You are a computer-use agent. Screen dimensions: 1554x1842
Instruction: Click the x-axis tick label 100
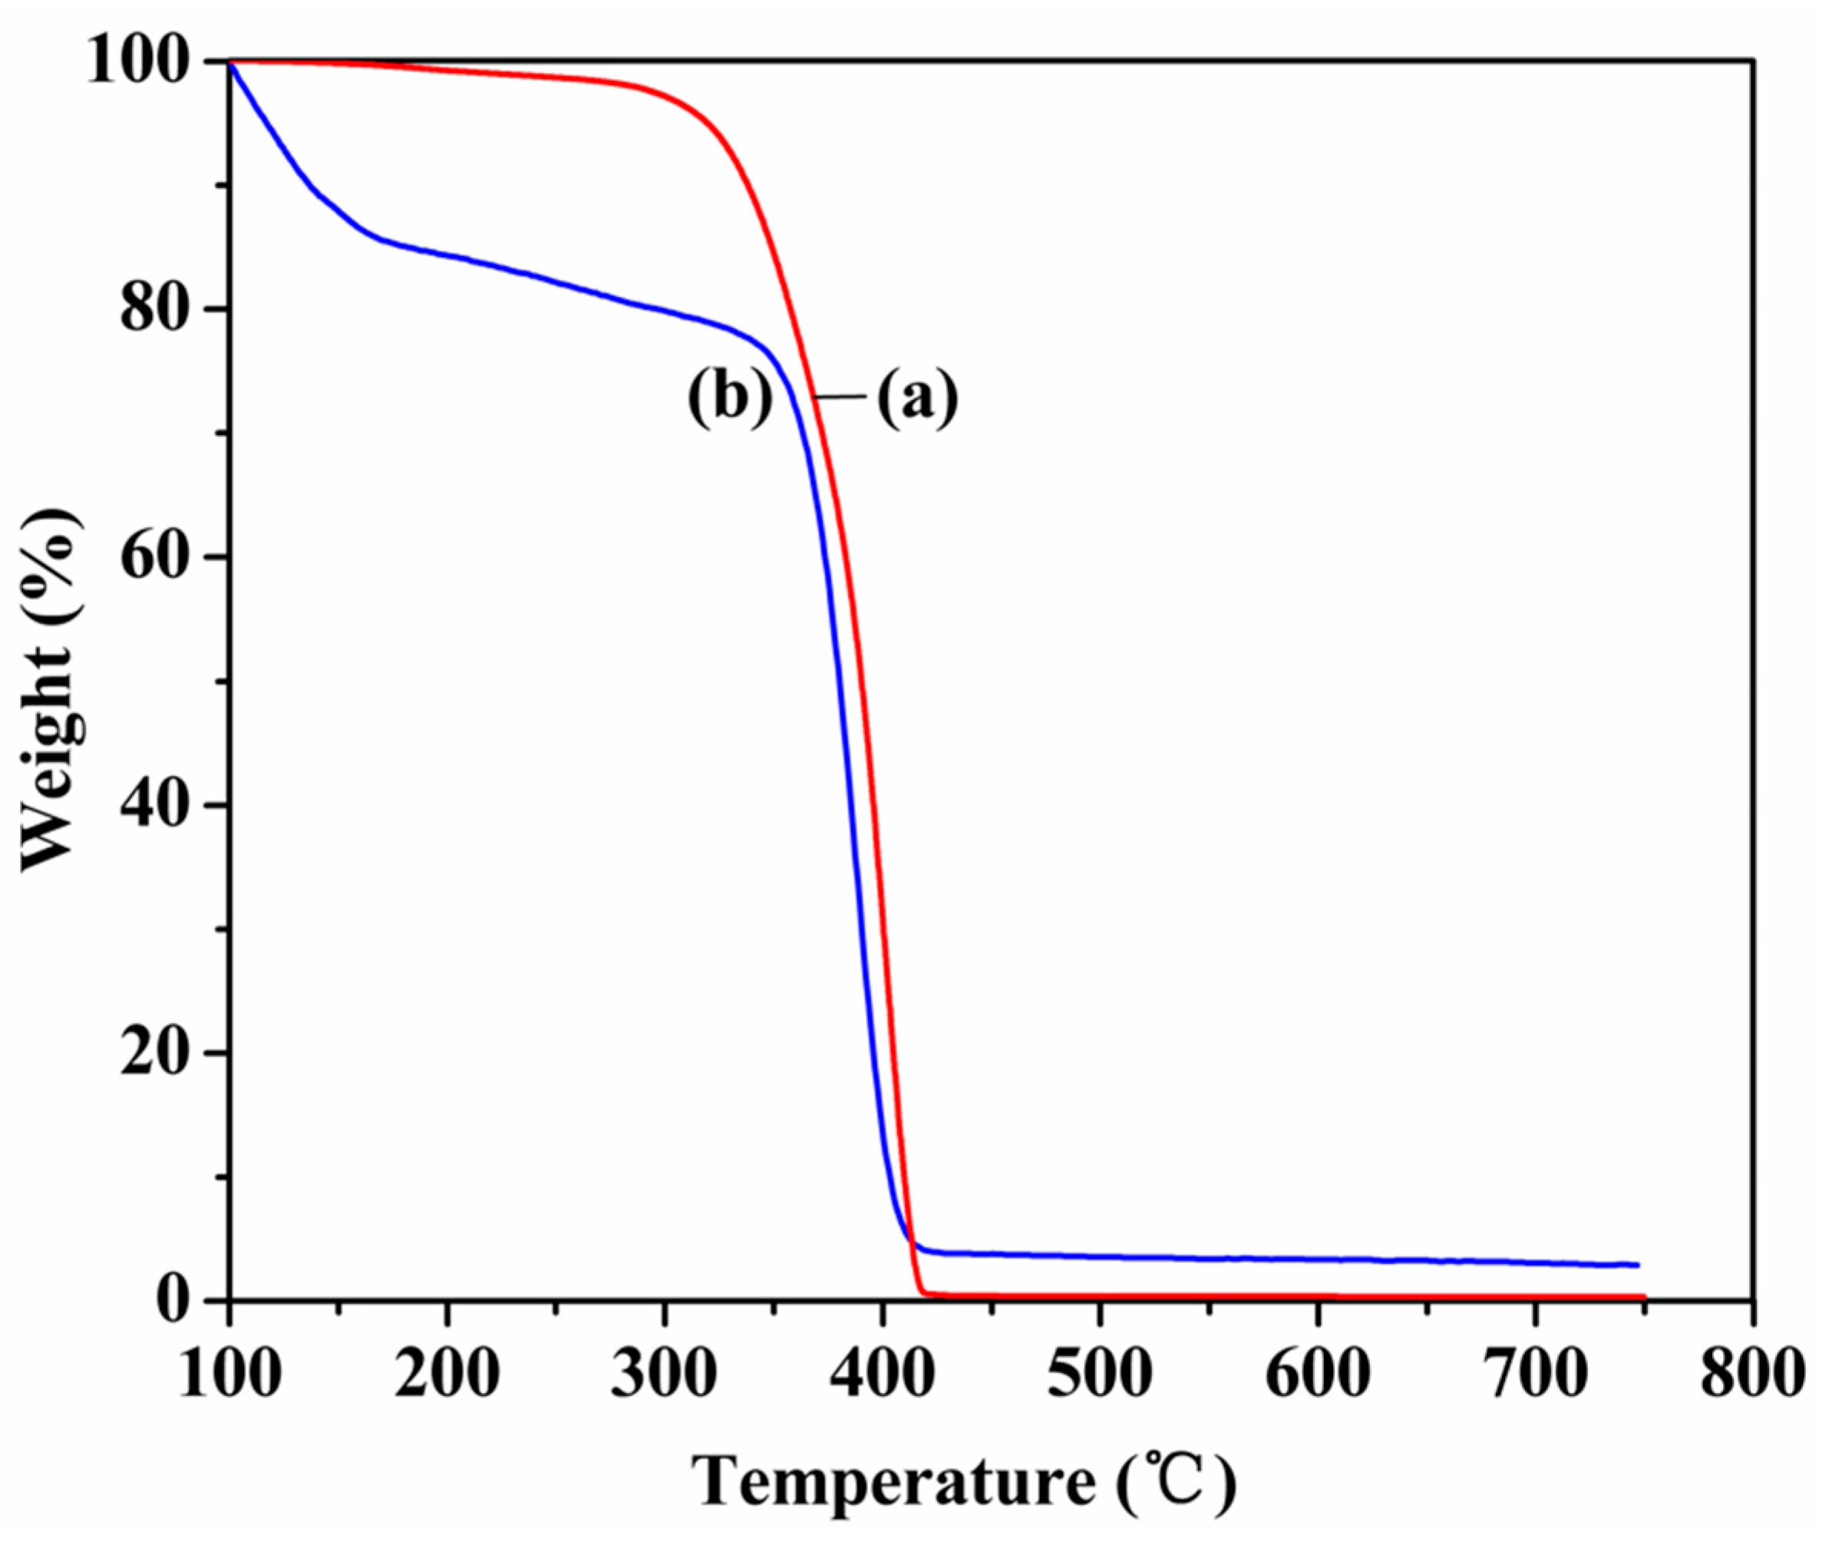(230, 1374)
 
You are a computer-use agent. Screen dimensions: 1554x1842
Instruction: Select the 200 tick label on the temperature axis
(447, 1374)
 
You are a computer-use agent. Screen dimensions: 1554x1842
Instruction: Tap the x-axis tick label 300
(664, 1374)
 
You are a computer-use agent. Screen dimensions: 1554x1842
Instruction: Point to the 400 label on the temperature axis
(882, 1374)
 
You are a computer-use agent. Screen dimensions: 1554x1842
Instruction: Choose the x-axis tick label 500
(1099, 1374)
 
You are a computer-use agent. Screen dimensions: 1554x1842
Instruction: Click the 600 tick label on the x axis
(1317, 1374)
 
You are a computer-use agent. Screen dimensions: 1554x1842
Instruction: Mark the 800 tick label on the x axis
(1752, 1374)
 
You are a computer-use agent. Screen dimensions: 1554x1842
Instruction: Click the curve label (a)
(917, 398)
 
